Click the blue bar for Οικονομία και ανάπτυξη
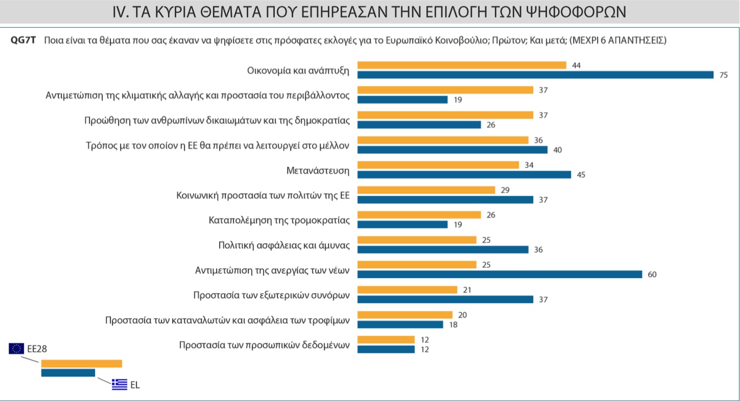[x=535, y=75]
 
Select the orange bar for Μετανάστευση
[x=438, y=165]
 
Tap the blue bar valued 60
[x=499, y=274]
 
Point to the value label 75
[x=723, y=75]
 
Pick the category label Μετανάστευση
[x=318, y=170]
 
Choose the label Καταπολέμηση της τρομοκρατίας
[x=279, y=220]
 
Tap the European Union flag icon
[x=16, y=348]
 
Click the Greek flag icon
[x=120, y=384]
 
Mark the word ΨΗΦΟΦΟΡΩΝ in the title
[x=577, y=12]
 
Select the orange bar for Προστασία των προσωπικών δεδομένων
[x=386, y=340]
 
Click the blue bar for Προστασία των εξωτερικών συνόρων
[x=445, y=299]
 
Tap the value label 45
[x=580, y=175]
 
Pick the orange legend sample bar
[x=82, y=363]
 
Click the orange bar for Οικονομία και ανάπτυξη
[x=462, y=65]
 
